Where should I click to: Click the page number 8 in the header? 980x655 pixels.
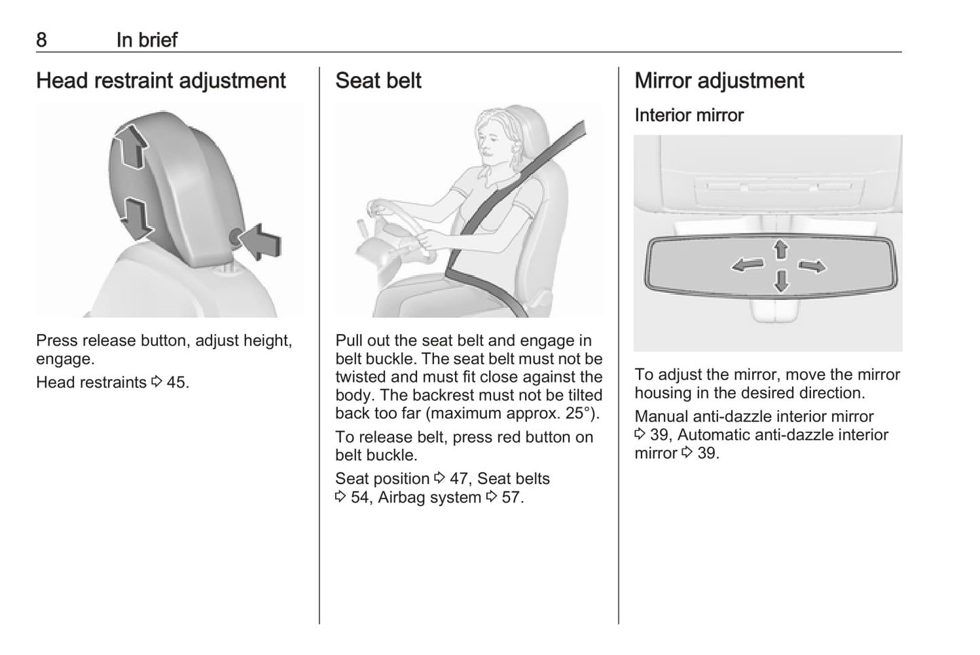click(41, 40)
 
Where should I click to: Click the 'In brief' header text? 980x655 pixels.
click(146, 40)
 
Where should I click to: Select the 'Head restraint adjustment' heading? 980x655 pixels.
click(161, 81)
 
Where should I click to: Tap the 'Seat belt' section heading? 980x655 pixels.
click(378, 81)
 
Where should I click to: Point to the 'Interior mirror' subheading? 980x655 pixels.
click(688, 115)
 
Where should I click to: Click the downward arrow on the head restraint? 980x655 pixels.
click(137, 219)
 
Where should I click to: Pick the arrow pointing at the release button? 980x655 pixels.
click(260, 242)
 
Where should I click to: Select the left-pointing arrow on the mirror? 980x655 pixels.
click(747, 265)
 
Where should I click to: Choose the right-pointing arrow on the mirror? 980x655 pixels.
click(813, 266)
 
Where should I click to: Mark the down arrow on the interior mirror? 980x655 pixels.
click(781, 281)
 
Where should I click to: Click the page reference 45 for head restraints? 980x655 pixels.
click(177, 382)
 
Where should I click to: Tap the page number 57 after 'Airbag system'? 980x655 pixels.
click(512, 498)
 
